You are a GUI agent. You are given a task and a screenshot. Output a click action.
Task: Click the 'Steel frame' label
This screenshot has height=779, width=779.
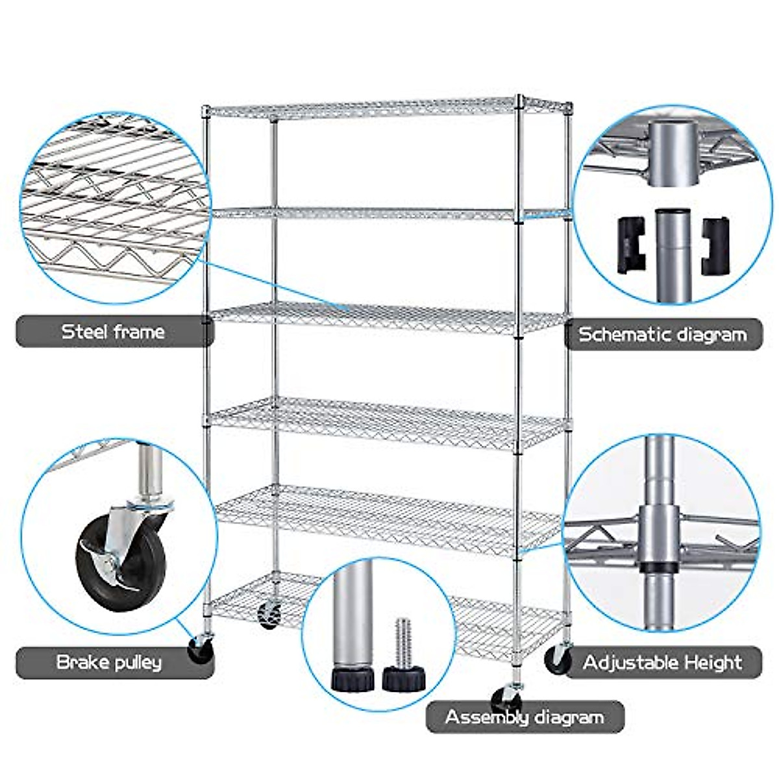click(x=114, y=332)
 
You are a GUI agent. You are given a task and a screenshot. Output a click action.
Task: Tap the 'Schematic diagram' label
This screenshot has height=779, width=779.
click(x=662, y=334)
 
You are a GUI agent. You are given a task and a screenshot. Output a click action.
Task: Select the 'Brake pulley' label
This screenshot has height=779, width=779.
click(x=109, y=662)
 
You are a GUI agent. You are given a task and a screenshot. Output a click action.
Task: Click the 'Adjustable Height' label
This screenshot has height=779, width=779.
click(x=662, y=663)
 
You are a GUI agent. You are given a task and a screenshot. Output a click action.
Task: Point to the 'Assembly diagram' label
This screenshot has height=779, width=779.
click(x=525, y=717)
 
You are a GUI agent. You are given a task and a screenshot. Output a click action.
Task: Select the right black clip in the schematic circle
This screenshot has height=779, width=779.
click(x=715, y=245)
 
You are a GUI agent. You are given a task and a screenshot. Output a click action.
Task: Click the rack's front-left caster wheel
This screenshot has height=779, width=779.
click(x=200, y=649)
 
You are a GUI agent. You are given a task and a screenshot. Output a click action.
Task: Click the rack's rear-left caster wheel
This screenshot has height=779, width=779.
click(x=269, y=614)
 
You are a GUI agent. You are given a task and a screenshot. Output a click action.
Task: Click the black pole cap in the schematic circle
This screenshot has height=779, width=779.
click(x=671, y=212)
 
